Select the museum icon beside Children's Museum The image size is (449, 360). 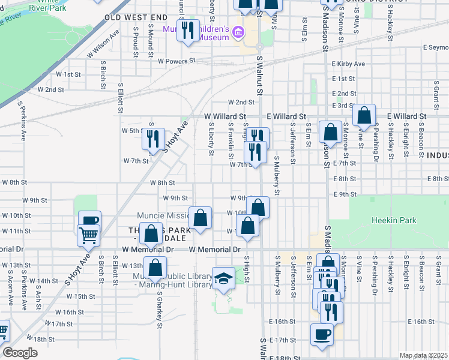click(238, 32)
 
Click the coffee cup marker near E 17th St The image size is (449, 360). click(322, 334)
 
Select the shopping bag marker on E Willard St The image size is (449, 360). click(364, 115)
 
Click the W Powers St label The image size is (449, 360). click(177, 61)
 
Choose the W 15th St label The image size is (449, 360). click(81, 296)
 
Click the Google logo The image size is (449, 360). click(20, 353)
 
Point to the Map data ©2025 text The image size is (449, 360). click(423, 355)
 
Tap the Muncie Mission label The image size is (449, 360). click(162, 216)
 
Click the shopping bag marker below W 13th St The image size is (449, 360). click(155, 268)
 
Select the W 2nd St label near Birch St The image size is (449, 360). click(50, 89)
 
